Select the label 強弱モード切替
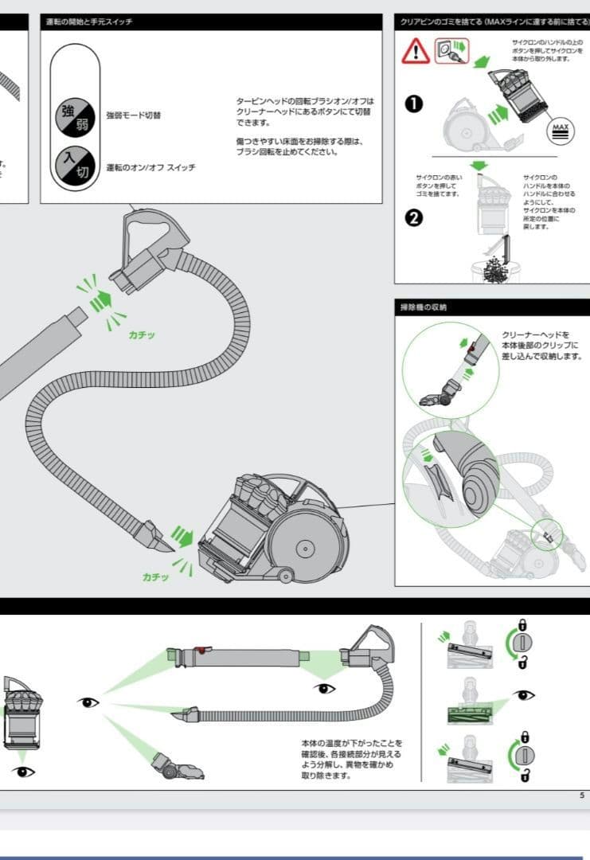[x=134, y=115]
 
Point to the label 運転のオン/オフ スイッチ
[x=150, y=167]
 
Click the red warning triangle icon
[x=416, y=52]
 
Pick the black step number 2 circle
[x=414, y=217]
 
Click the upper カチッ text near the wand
[x=142, y=334]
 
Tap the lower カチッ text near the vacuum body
[x=155, y=577]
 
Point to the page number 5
[x=581, y=795]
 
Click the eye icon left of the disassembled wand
[x=88, y=702]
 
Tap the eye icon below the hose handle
[x=323, y=688]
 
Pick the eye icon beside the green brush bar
[x=524, y=695]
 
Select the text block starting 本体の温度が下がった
[x=346, y=758]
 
